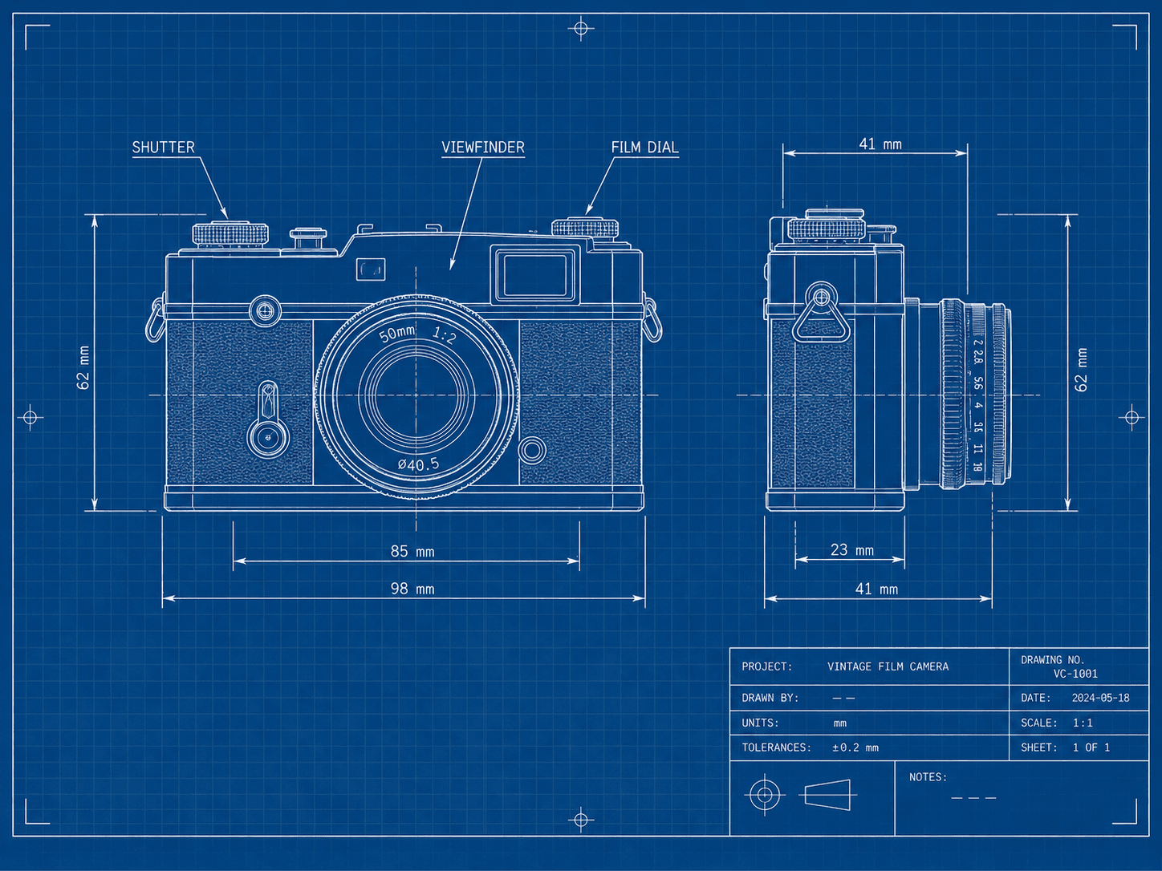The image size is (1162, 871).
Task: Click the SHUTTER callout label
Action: coord(163,147)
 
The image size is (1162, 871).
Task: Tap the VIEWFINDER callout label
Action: coord(483,147)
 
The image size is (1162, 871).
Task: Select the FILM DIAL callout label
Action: coord(644,147)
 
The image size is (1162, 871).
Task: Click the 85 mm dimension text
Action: coord(412,552)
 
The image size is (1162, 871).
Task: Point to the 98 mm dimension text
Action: coord(412,589)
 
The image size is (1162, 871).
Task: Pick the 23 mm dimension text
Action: coord(851,550)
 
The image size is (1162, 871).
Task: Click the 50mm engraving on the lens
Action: coord(397,334)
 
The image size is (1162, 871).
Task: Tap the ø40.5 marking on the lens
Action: coord(418,464)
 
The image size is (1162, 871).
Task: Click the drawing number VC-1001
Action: coord(1075,674)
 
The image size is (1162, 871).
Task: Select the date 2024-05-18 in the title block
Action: coord(1100,698)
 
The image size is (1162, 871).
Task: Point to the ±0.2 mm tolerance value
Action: coord(855,747)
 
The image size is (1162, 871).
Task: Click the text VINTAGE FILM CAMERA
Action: coord(888,666)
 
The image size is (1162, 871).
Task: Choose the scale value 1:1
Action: coord(1083,723)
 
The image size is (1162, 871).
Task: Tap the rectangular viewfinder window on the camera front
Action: coord(535,275)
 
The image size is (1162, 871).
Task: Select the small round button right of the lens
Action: coord(532,451)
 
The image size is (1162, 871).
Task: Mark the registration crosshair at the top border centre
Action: coord(581,28)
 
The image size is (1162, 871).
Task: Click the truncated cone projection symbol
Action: coord(828,794)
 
